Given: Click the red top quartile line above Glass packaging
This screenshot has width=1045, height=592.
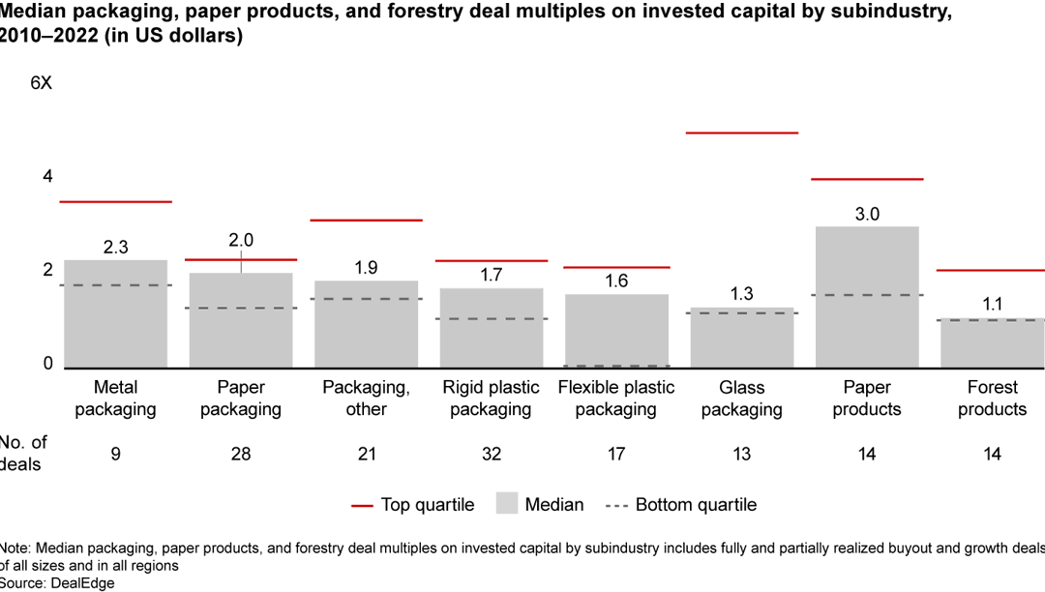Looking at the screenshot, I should click(x=742, y=133).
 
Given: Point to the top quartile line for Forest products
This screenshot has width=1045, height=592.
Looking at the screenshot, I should click(x=991, y=270).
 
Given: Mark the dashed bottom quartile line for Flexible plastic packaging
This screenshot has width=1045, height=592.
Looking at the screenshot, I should click(x=616, y=366).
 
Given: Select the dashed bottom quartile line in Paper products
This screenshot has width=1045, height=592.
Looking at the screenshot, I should click(x=867, y=295).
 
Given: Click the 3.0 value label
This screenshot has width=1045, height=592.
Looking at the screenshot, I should click(x=867, y=214).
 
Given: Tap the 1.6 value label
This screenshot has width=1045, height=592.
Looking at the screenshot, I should click(x=616, y=281).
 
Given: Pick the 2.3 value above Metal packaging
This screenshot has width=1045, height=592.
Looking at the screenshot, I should click(x=115, y=247).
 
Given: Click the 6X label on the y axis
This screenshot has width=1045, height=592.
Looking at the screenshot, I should click(x=42, y=83).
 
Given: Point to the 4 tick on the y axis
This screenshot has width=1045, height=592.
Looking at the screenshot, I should click(x=47, y=176).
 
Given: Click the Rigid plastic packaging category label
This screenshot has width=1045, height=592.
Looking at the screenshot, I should click(x=492, y=398).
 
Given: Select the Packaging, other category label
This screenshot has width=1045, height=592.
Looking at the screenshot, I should click(x=366, y=398).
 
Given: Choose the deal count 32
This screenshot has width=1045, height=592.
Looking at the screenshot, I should click(x=492, y=454).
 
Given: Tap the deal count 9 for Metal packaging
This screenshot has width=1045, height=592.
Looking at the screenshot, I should click(x=115, y=454).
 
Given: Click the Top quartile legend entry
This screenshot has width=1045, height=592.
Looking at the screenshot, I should click(x=413, y=504).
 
